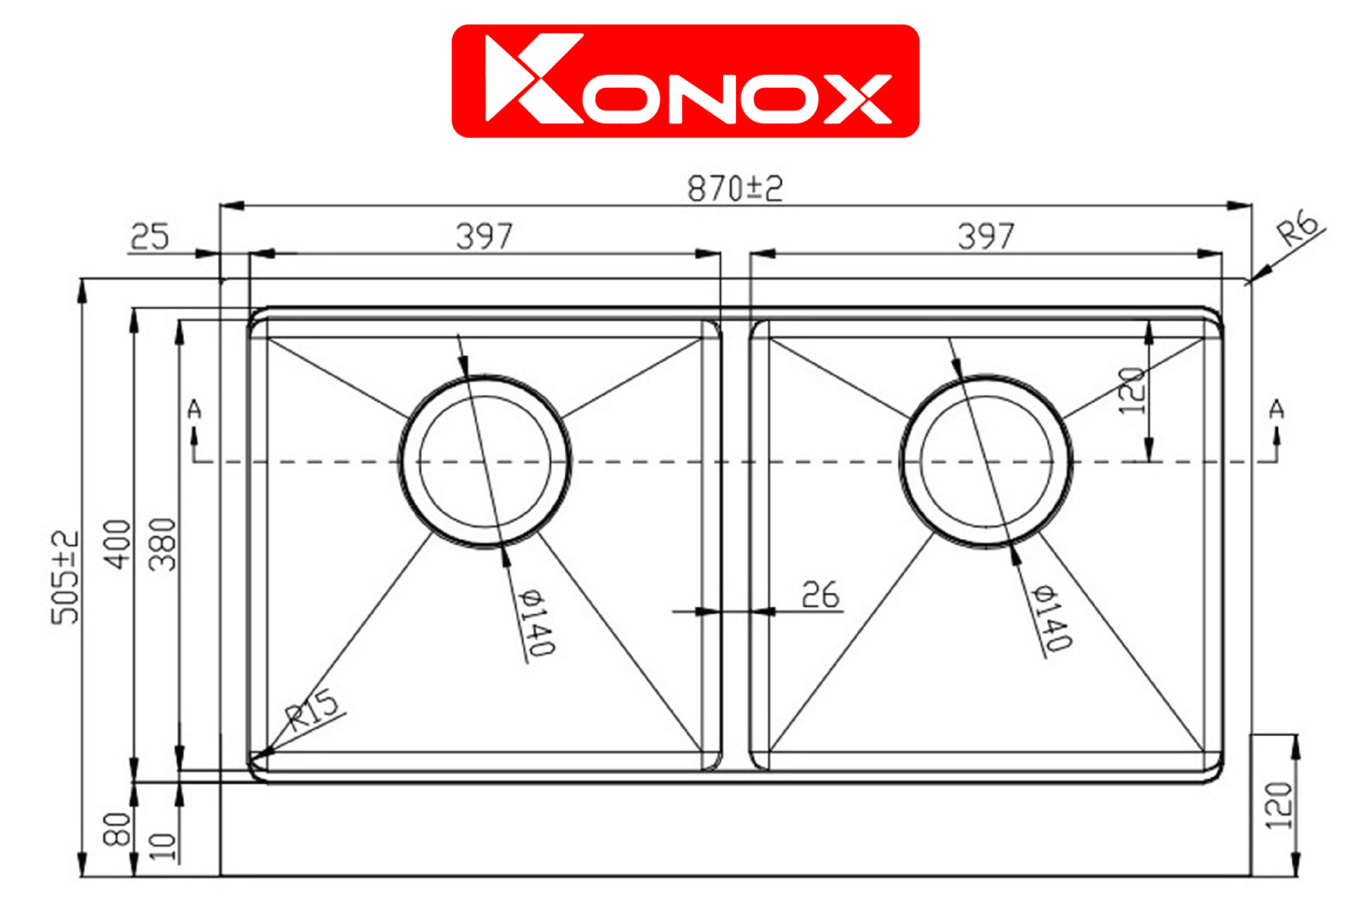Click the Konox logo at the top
coord(685,81)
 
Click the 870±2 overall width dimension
coord(734,189)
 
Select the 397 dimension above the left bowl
coord(485,236)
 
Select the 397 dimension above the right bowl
coord(986,236)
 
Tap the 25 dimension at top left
coord(149,237)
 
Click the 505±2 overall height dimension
coord(65,578)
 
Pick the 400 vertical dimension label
coord(118,544)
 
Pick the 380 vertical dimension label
coord(163,544)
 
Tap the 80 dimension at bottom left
coord(117,829)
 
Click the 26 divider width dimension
coord(821,595)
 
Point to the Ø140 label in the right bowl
coord(1053,618)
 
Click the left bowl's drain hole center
coord(485,461)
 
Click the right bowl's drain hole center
coord(986,461)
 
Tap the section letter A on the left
coord(195,410)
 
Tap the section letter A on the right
coord(1277,410)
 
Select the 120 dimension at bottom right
coord(1279,806)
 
